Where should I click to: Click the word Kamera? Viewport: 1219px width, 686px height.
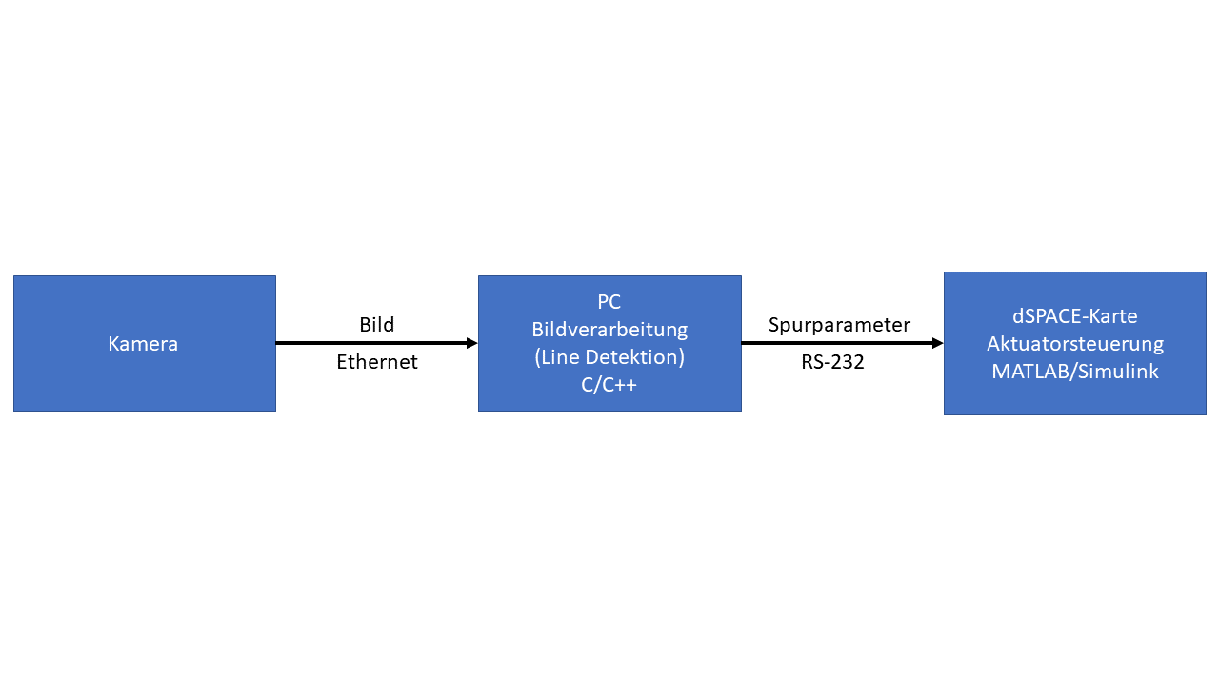(143, 344)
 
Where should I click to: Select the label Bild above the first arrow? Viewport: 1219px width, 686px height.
(376, 325)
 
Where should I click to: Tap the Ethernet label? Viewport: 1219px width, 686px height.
(376, 363)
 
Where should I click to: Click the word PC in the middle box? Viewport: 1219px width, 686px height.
(609, 302)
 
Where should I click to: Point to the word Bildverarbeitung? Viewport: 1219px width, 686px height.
(609, 330)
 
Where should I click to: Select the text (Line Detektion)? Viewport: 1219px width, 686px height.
(609, 358)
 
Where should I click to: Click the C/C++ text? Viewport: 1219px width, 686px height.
(609, 386)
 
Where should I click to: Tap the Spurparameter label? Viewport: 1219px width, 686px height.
(839, 325)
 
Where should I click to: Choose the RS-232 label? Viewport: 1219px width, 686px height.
(832, 363)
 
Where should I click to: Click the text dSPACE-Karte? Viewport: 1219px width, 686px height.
(1074, 315)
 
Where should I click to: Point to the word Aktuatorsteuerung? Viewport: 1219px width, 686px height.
(1074, 344)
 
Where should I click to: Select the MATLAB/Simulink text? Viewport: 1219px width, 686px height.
(1074, 372)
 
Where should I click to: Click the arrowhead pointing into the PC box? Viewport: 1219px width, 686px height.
(471, 343)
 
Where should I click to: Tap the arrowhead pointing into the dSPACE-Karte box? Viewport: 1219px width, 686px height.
(937, 343)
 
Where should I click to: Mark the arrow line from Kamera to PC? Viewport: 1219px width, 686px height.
(371, 343)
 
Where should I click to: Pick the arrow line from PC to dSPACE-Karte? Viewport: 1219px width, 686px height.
(838, 343)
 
